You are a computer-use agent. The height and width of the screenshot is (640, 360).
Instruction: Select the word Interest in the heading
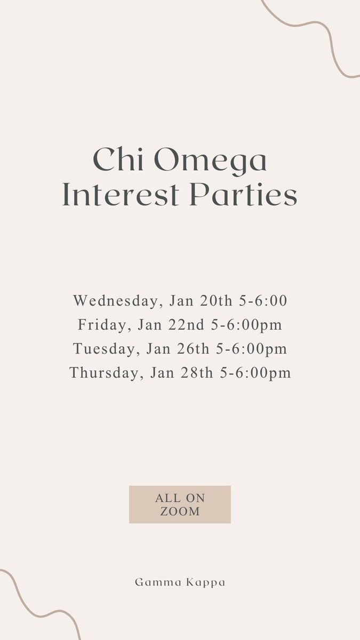(121, 196)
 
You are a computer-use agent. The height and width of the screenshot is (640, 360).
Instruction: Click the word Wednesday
(116, 301)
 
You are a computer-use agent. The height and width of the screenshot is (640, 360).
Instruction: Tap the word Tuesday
(104, 349)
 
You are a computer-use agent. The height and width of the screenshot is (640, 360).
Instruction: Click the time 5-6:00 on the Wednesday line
(263, 301)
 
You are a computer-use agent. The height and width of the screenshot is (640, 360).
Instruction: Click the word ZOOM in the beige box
(180, 511)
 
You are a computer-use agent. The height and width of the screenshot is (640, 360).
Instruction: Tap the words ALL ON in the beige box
(180, 498)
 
